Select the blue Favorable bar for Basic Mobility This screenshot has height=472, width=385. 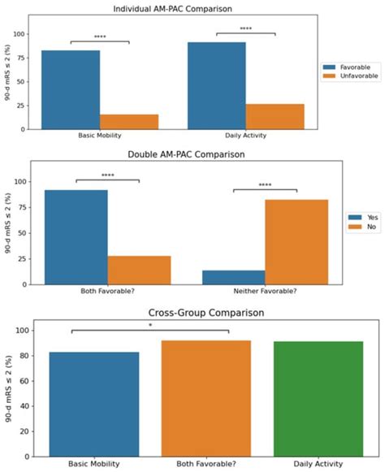pos(71,89)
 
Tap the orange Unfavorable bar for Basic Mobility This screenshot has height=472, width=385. pos(129,121)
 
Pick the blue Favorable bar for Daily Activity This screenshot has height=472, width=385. pos(216,85)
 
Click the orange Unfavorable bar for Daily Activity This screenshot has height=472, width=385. pos(275,116)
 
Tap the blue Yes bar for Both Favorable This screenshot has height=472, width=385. pos(76,236)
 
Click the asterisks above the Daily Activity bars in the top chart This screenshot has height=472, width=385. pos(245,29)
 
